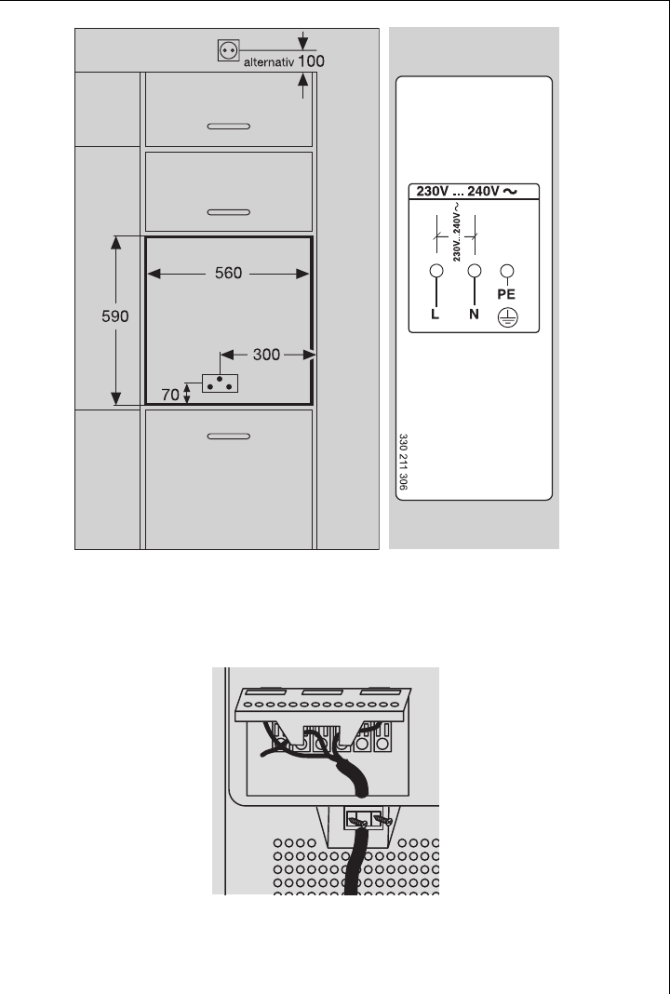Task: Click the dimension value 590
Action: [x=116, y=316]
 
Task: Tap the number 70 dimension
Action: [x=171, y=395]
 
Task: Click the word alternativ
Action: [x=269, y=64]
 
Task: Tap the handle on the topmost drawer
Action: [x=228, y=125]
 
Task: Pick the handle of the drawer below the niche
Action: [x=228, y=435]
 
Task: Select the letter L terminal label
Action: [x=434, y=316]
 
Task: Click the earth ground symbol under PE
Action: [x=507, y=316]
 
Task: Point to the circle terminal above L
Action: [x=434, y=272]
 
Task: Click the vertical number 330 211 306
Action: [x=403, y=461]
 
